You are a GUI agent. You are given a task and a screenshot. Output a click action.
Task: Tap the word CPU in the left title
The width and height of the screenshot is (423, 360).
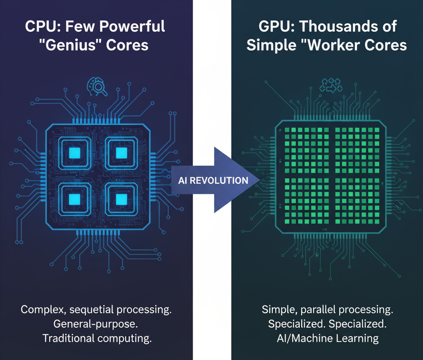coord(39,26)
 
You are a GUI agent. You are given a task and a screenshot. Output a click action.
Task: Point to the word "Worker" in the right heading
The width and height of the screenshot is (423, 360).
coord(335,46)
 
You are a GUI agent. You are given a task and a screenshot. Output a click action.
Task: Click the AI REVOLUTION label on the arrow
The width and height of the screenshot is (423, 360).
coord(213,180)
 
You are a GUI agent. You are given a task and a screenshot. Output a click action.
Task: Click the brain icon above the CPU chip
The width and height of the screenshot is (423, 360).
coord(97,85)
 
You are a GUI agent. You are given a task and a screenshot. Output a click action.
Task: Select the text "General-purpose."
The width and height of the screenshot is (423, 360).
coord(97,324)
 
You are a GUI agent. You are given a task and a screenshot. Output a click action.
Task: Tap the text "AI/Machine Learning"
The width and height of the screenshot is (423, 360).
coord(327,339)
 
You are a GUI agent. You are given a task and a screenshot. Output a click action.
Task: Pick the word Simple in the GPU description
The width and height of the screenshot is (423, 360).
coord(275,310)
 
